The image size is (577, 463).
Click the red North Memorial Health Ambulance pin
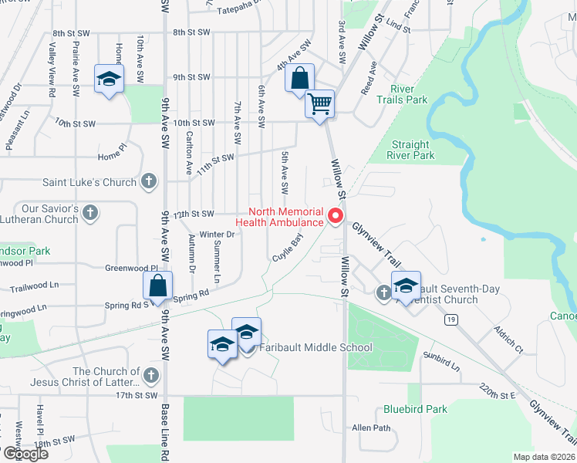[336, 217]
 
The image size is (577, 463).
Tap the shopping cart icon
[319, 103]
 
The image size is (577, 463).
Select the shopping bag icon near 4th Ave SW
[299, 78]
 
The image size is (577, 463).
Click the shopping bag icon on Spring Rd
[157, 286]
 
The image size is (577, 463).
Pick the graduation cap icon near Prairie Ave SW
[109, 79]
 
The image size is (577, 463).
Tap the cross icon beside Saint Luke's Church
[150, 182]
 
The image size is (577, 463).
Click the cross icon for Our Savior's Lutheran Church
[90, 212]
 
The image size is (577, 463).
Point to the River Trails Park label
[403, 94]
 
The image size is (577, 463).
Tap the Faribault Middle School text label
[315, 347]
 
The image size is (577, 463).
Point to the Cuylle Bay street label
[286, 248]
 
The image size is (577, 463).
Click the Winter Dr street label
[216, 234]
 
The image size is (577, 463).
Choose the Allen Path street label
[372, 428]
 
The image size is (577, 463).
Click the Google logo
[25, 454]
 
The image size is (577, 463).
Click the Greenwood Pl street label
[131, 268]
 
